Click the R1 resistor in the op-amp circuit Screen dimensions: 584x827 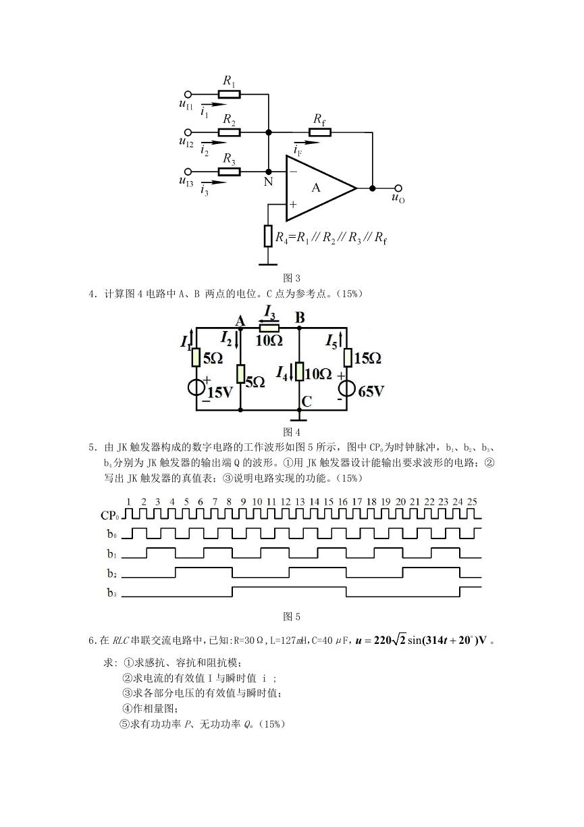[229, 95]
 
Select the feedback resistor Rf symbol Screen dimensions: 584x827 [320, 132]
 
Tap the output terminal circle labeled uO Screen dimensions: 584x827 [398, 189]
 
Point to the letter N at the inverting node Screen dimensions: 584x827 [268, 182]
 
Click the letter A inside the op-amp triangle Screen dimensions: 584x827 [316, 189]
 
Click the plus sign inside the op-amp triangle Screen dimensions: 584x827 [293, 204]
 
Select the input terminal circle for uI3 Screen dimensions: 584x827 [188, 172]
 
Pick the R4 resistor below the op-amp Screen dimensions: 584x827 [268, 236]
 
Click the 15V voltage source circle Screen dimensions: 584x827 [196, 387]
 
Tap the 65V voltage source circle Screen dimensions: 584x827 [347, 389]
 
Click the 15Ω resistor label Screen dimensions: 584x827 [367, 358]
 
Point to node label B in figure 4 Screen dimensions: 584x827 [300, 318]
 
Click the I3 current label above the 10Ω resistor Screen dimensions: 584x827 [270, 313]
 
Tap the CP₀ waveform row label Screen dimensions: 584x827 [110, 516]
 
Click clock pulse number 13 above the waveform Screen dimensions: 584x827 [300, 502]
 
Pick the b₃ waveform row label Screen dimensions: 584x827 [112, 593]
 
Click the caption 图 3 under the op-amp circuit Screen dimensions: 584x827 [292, 278]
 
